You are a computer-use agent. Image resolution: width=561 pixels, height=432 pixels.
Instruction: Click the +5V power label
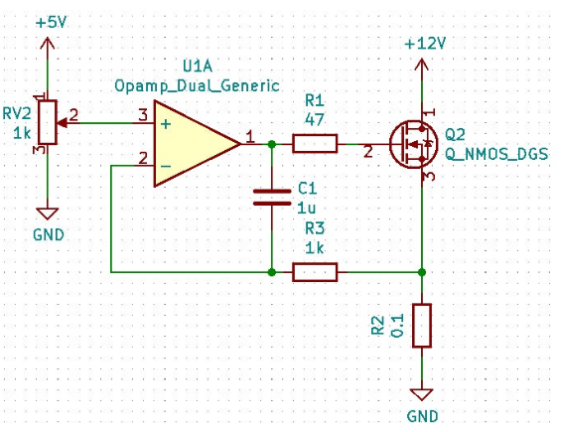52,23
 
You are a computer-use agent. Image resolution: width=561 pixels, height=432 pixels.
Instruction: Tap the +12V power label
425,44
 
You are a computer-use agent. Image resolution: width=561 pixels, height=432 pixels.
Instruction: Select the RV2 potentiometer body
48,122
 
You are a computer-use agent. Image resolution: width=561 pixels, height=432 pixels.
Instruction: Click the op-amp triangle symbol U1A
198,144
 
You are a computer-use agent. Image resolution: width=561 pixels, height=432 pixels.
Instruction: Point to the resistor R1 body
315,144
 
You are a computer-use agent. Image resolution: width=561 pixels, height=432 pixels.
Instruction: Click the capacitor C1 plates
272,198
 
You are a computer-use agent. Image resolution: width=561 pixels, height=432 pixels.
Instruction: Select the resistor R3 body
315,272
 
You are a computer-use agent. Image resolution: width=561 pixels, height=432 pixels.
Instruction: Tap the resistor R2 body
422,326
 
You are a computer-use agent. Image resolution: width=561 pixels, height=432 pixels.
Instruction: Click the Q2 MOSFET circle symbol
414,144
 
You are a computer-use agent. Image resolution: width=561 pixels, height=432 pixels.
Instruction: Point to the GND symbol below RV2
48,214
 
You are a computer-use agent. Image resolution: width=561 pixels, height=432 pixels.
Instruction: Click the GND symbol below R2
422,395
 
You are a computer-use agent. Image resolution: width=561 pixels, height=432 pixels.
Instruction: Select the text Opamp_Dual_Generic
197,85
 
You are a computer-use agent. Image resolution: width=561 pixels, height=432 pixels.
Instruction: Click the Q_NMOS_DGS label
496,154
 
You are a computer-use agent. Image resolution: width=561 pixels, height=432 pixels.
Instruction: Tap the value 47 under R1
315,119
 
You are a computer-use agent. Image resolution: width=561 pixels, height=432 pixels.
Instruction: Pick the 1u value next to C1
307,208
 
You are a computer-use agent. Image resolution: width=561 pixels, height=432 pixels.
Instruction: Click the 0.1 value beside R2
397,326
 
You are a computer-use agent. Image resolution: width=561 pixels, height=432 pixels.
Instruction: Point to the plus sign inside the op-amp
166,124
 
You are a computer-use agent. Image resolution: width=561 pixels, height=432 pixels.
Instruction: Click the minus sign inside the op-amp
166,166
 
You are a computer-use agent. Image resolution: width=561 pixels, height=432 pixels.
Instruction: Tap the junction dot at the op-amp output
272,144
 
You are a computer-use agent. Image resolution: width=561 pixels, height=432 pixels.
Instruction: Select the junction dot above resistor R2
422,272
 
